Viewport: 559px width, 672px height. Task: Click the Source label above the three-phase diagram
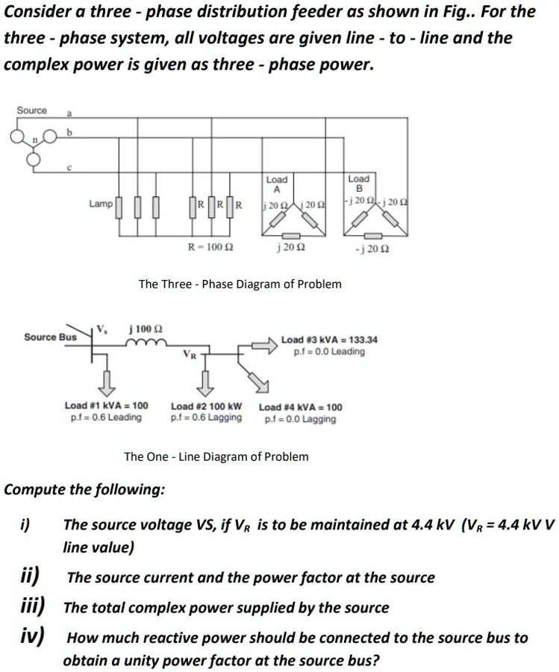[x=31, y=111]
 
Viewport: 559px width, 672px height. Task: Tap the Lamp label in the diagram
[x=100, y=203]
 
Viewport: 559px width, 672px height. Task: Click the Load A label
[x=276, y=184]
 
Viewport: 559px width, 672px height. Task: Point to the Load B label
[x=358, y=184]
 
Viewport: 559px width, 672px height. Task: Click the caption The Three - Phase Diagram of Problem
[x=240, y=284]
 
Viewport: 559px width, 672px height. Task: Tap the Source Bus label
[x=50, y=337]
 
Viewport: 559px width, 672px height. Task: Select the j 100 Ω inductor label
[x=146, y=329]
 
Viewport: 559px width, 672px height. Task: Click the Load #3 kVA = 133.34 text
[x=329, y=340]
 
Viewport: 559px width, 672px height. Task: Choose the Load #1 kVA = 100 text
[x=106, y=405]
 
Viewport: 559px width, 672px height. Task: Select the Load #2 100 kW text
[x=207, y=406]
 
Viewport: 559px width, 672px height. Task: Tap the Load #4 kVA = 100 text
[x=300, y=407]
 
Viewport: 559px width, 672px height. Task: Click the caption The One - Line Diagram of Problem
[x=216, y=456]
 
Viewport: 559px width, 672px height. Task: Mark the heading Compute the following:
[x=85, y=490]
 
